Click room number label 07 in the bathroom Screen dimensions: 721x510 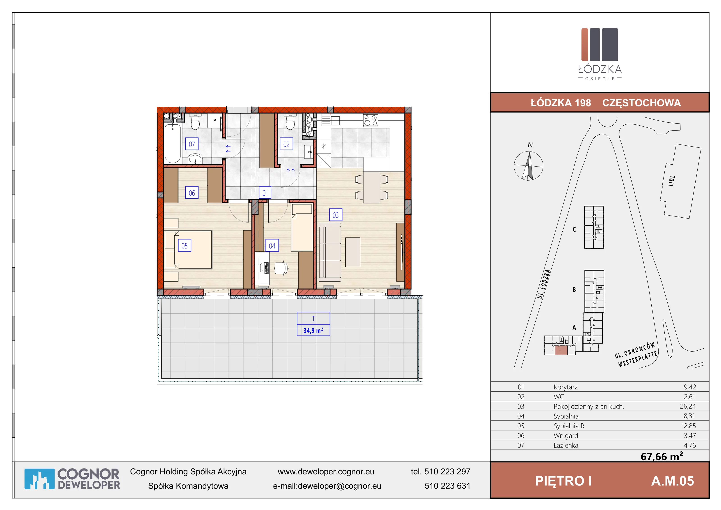point(192,144)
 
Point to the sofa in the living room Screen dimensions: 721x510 point(330,252)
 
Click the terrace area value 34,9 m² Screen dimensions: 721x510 point(313,331)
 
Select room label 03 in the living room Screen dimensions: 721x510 point(336,215)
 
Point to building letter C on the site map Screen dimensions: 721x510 point(574,229)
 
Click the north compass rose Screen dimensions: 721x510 point(529,165)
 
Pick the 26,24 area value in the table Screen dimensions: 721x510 point(688,406)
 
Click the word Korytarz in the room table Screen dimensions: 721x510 point(566,387)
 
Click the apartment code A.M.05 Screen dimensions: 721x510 point(672,481)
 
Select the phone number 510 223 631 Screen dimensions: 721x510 point(447,486)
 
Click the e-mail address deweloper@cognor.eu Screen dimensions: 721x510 point(340,486)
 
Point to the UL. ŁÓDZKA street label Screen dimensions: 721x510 point(544,284)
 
